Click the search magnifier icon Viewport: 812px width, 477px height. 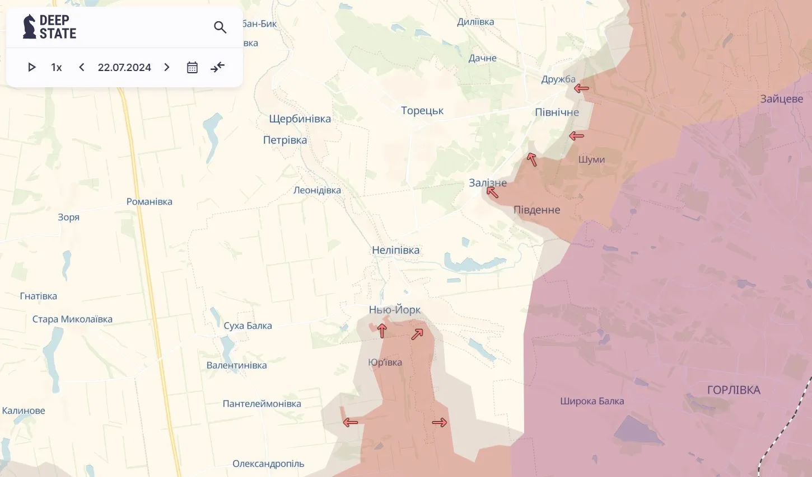pyautogui.click(x=220, y=27)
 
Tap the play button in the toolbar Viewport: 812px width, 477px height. pyautogui.click(x=32, y=67)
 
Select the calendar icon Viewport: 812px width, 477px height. pyautogui.click(x=192, y=67)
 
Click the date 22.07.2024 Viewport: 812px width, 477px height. pyautogui.click(x=124, y=67)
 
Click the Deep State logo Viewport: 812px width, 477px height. pyautogui.click(x=49, y=27)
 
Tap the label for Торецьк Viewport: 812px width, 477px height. pyautogui.click(x=422, y=111)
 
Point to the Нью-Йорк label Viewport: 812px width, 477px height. pyautogui.click(x=394, y=310)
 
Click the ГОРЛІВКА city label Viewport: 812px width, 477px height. pyautogui.click(x=734, y=390)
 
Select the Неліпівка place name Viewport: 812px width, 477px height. pyautogui.click(x=395, y=250)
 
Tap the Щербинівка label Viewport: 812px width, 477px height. pyautogui.click(x=300, y=119)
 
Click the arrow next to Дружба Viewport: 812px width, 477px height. pyautogui.click(x=581, y=88)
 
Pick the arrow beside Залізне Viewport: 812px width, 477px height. pyautogui.click(x=492, y=192)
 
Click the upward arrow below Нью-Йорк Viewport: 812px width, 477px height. pyautogui.click(x=382, y=331)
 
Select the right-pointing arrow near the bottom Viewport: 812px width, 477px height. pyautogui.click(x=440, y=422)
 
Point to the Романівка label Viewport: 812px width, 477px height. pyautogui.click(x=149, y=201)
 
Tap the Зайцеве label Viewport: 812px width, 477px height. pyautogui.click(x=781, y=99)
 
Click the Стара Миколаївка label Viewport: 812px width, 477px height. pyautogui.click(x=72, y=319)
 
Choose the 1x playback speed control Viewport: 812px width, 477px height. pyautogui.click(x=57, y=67)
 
